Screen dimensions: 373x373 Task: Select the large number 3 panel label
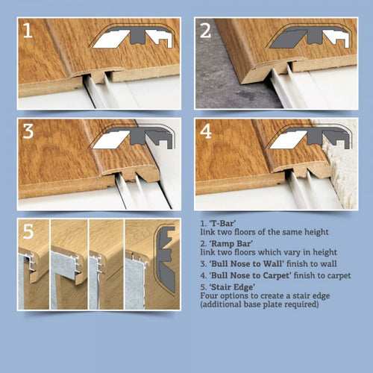point(28,131)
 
